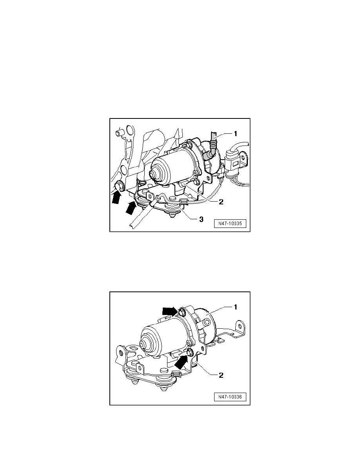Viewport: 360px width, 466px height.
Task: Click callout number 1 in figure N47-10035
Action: click(235, 134)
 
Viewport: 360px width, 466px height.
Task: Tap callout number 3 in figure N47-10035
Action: click(201, 219)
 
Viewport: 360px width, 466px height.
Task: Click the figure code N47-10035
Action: click(231, 225)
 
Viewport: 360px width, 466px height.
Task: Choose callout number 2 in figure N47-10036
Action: click(221, 375)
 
